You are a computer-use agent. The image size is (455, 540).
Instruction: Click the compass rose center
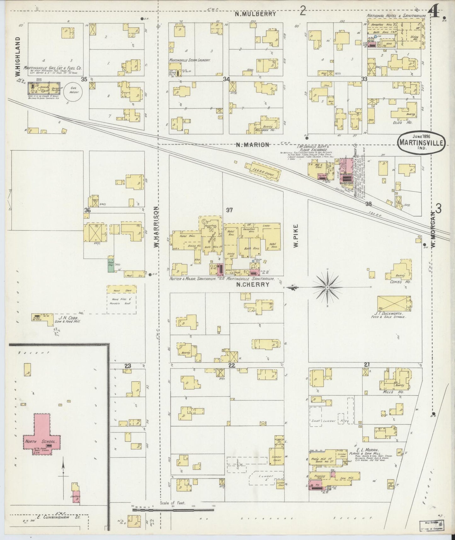click(327, 287)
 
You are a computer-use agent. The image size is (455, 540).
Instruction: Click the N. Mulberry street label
click(256, 14)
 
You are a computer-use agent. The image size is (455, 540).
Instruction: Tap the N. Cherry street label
click(253, 284)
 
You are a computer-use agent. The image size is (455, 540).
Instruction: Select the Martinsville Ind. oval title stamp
click(421, 142)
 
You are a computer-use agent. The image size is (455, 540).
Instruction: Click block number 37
click(229, 210)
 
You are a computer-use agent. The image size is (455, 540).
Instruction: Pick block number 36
click(87, 210)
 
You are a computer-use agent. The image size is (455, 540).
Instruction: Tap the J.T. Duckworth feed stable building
click(394, 304)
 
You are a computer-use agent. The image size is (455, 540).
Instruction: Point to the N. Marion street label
click(253, 145)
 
